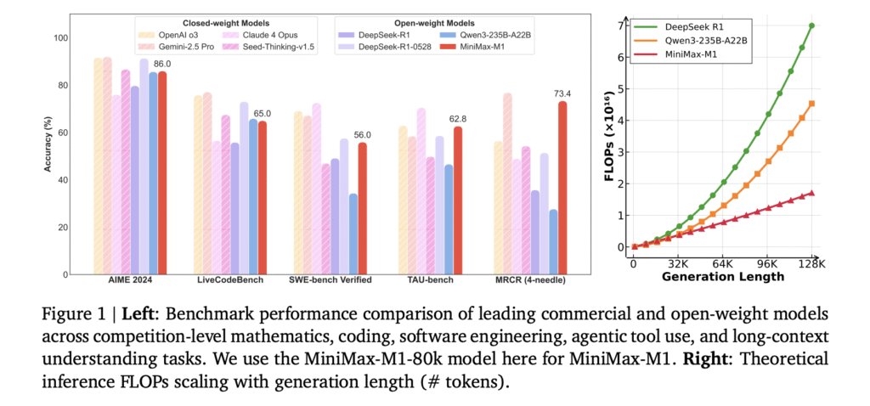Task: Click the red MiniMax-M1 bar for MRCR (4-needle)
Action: tap(562, 188)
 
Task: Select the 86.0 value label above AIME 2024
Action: tap(162, 64)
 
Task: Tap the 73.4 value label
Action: tap(562, 93)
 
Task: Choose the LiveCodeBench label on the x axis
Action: tap(229, 280)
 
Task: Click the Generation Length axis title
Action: tap(722, 278)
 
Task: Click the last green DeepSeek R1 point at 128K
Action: tap(812, 25)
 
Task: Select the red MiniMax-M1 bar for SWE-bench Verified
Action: tap(363, 208)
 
